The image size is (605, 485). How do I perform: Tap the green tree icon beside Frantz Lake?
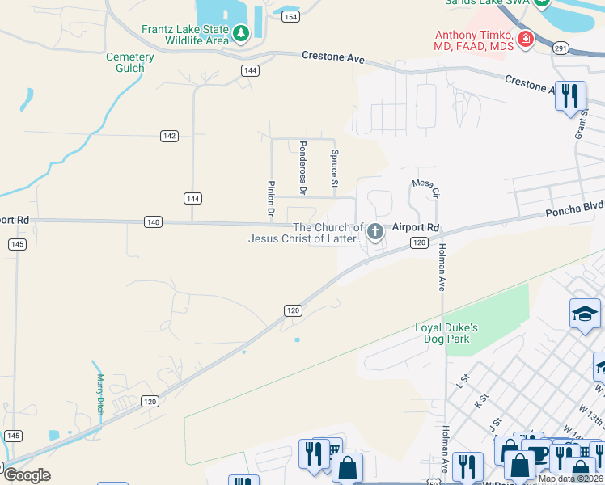tap(241, 34)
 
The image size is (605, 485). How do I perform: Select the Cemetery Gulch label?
tap(129, 62)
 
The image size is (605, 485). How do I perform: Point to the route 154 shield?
tap(291, 17)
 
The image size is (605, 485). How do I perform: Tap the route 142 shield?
tap(169, 136)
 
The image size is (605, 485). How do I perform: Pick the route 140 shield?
tap(154, 221)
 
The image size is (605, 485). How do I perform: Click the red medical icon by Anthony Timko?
tap(526, 39)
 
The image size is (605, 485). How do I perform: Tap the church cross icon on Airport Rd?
tap(374, 233)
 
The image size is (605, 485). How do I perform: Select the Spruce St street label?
tap(333, 166)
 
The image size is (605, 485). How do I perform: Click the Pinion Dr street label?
tap(272, 199)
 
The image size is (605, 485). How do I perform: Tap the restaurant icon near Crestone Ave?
tap(571, 96)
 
